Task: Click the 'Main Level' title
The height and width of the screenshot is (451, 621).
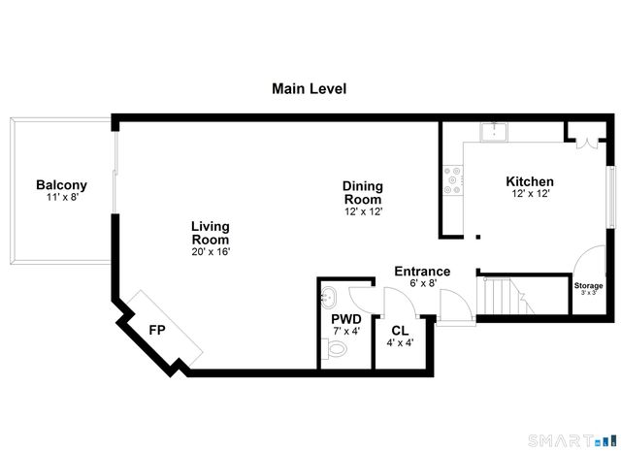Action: pyautogui.click(x=309, y=89)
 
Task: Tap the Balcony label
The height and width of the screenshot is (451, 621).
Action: pyautogui.click(x=61, y=185)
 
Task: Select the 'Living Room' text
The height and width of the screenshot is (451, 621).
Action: pyautogui.click(x=210, y=233)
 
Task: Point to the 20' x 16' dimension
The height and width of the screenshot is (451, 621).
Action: pyautogui.click(x=210, y=252)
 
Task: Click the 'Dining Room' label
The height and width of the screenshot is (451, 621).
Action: pyautogui.click(x=363, y=193)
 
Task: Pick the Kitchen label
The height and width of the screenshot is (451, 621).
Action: pyautogui.click(x=530, y=181)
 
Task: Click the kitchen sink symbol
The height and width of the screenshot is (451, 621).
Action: pyautogui.click(x=496, y=131)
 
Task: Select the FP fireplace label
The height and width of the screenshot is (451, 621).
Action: pyautogui.click(x=156, y=329)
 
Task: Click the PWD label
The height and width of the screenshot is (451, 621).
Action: pyautogui.click(x=346, y=317)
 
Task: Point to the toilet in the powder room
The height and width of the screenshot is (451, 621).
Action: pyautogui.click(x=334, y=353)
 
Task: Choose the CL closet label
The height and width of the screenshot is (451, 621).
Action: pyautogui.click(x=400, y=331)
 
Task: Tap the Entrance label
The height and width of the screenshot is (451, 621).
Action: pyautogui.click(x=422, y=272)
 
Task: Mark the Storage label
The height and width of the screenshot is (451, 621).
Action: pyautogui.click(x=588, y=286)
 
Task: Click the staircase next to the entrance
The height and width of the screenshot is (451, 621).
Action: pyautogui.click(x=505, y=295)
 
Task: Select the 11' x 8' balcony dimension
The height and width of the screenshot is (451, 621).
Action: pyautogui.click(x=61, y=198)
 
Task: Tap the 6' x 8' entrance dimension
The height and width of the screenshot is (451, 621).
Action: pyautogui.click(x=422, y=284)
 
